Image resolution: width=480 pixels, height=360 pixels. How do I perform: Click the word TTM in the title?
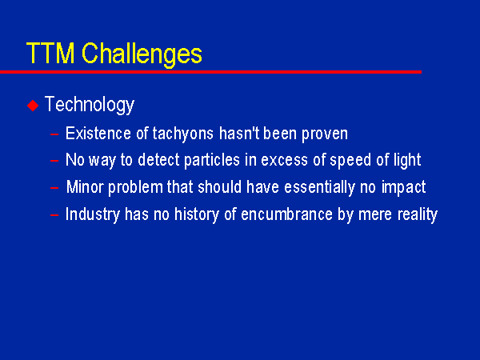(50, 53)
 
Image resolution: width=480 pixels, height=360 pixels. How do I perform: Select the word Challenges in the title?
(142, 55)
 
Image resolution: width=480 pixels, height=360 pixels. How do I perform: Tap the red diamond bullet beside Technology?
(33, 106)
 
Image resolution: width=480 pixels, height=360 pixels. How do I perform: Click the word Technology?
(90, 105)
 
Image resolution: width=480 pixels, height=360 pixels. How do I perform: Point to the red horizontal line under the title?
(210, 72)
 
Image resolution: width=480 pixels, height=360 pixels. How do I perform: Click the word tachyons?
(183, 134)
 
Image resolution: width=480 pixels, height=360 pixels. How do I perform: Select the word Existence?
(98, 134)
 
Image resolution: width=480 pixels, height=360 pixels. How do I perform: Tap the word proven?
(325, 134)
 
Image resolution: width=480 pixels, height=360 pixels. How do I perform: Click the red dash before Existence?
(54, 134)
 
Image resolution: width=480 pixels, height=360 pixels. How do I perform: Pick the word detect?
(158, 160)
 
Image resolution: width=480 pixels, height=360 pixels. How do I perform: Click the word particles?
(212, 161)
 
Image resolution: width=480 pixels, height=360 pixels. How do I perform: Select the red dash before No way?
(54, 161)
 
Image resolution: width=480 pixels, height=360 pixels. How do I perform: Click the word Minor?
(85, 186)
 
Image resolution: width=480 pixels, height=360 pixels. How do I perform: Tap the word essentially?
(319, 188)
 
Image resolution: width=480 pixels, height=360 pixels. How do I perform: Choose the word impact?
(403, 188)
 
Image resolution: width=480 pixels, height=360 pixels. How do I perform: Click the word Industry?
(93, 214)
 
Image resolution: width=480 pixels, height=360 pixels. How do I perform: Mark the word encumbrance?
(286, 214)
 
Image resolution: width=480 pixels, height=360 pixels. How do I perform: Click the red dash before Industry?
(54, 215)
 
